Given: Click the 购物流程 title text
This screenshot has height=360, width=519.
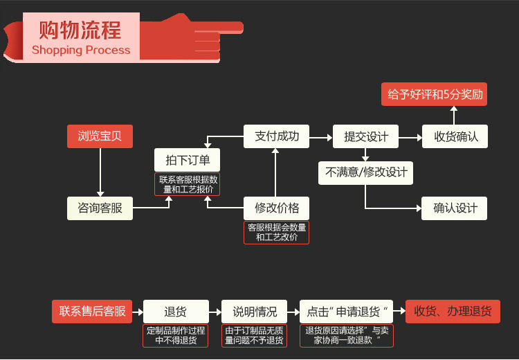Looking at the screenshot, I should point(80,30).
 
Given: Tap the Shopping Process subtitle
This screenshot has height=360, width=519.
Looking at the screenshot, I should point(80,50).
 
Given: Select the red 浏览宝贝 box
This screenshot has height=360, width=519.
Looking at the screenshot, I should point(100,136).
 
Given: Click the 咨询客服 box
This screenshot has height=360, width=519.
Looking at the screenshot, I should point(100,208).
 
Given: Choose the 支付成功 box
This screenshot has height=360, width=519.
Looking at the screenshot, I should point(276,136).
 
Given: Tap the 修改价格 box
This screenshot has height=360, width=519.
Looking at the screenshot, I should point(276,208).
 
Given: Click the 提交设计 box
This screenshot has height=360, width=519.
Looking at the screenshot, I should point(365,136).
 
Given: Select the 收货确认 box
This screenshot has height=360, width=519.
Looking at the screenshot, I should point(455,136).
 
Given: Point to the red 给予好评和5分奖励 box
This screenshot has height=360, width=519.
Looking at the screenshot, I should point(435,94).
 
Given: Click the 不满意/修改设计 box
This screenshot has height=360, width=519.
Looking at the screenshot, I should point(366,172).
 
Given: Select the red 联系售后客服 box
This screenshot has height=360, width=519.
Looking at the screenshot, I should point(92,312).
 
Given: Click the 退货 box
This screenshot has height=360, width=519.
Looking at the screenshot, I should point(175,312).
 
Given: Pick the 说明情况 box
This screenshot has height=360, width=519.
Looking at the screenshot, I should point(254,312).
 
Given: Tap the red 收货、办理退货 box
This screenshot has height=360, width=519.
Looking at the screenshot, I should point(453,312).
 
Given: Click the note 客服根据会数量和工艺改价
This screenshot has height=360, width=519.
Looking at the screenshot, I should point(276,233).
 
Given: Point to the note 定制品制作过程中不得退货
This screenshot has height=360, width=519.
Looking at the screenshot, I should point(175,336).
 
